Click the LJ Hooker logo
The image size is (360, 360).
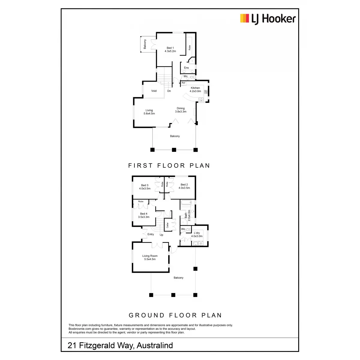[268, 19]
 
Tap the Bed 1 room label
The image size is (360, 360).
[170, 49]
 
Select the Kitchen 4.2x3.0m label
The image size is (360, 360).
[195, 89]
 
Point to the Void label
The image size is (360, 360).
[154, 91]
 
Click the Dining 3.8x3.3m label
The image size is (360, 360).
[181, 110]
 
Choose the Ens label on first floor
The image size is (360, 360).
[186, 68]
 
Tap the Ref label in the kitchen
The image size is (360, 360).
[183, 83]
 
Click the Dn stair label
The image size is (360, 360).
[169, 91]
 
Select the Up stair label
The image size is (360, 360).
[161, 235]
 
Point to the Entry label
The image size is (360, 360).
[151, 234]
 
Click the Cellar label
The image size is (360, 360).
[167, 225]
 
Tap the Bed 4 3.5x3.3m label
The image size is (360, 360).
[144, 215]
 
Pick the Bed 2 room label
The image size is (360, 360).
[184, 186]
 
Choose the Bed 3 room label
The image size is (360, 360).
[145, 187]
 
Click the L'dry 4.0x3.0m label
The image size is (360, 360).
[197, 234]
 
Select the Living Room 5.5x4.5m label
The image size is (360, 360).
[150, 257]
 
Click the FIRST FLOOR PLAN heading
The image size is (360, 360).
[169, 166]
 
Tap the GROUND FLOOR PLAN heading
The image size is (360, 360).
[175, 315]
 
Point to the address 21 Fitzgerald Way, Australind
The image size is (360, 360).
[120, 345]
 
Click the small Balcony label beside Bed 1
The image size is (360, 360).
[145, 44]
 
